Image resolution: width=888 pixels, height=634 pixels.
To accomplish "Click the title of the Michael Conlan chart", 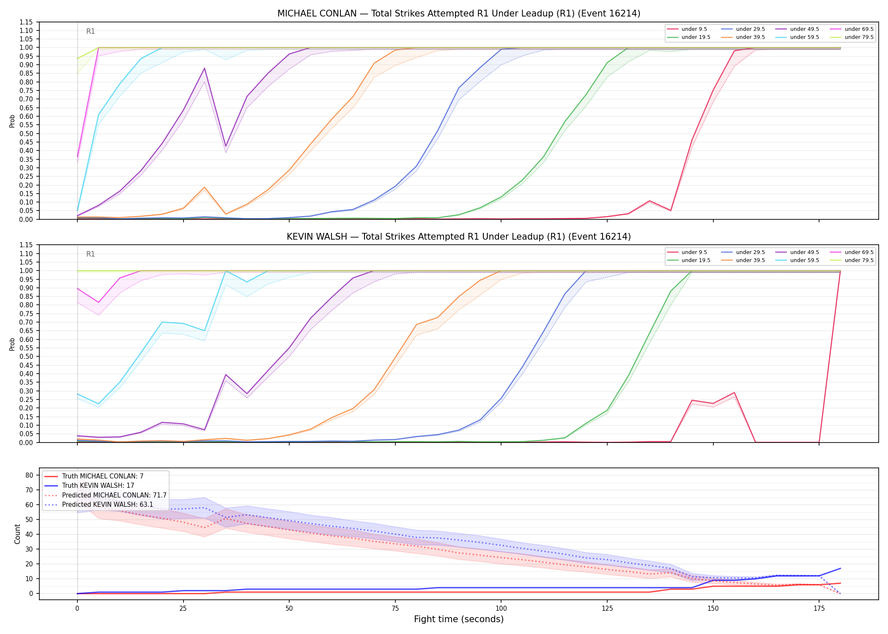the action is click(x=459, y=14).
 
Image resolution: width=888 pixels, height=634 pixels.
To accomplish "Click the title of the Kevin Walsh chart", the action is click(x=459, y=237).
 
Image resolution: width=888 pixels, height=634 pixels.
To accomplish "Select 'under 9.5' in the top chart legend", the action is click(x=694, y=29).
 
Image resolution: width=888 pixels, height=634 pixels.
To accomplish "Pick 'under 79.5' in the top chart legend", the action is click(x=859, y=37).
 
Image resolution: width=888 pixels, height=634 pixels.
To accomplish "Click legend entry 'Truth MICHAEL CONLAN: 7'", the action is click(x=103, y=476).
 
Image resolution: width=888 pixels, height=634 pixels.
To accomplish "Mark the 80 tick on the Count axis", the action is click(x=29, y=475).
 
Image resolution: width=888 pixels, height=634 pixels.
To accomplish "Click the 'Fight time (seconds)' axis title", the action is click(x=459, y=620).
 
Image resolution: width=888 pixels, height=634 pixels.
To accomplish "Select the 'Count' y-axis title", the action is click(x=17, y=534).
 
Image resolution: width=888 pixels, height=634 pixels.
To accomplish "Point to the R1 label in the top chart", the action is click(x=90, y=31).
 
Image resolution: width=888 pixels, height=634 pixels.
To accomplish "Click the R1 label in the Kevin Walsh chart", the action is click(x=90, y=254).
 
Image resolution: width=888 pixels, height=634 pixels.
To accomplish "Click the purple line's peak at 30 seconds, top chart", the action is click(x=204, y=68).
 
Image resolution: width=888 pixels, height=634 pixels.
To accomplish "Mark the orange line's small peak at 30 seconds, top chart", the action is click(x=204, y=187).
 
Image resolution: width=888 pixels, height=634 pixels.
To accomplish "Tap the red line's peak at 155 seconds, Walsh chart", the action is click(x=735, y=393).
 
